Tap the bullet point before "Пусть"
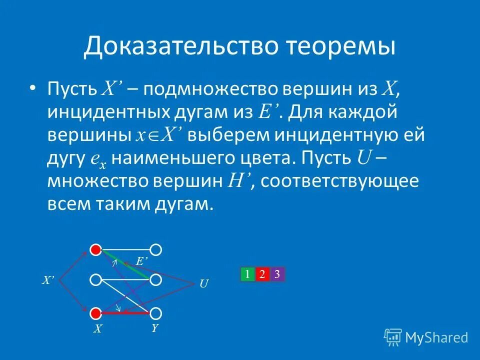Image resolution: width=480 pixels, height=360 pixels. (x=32, y=89)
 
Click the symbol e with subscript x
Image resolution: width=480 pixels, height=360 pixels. (x=98, y=159)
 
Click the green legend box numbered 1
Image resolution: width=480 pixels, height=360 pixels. (x=247, y=274)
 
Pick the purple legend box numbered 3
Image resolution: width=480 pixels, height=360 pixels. (x=277, y=274)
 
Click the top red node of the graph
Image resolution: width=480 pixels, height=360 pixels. (x=95, y=249)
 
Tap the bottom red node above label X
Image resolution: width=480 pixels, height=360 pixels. (x=95, y=313)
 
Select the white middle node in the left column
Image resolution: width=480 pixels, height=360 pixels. (x=95, y=280)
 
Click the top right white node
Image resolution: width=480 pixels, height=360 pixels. (x=156, y=249)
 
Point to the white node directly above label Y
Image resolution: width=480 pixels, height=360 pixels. (x=156, y=313)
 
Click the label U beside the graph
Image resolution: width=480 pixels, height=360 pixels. (x=203, y=284)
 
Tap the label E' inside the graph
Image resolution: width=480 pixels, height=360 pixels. (x=142, y=260)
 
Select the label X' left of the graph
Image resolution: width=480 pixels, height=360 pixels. (x=47, y=281)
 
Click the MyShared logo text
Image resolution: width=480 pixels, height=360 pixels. (x=436, y=338)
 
